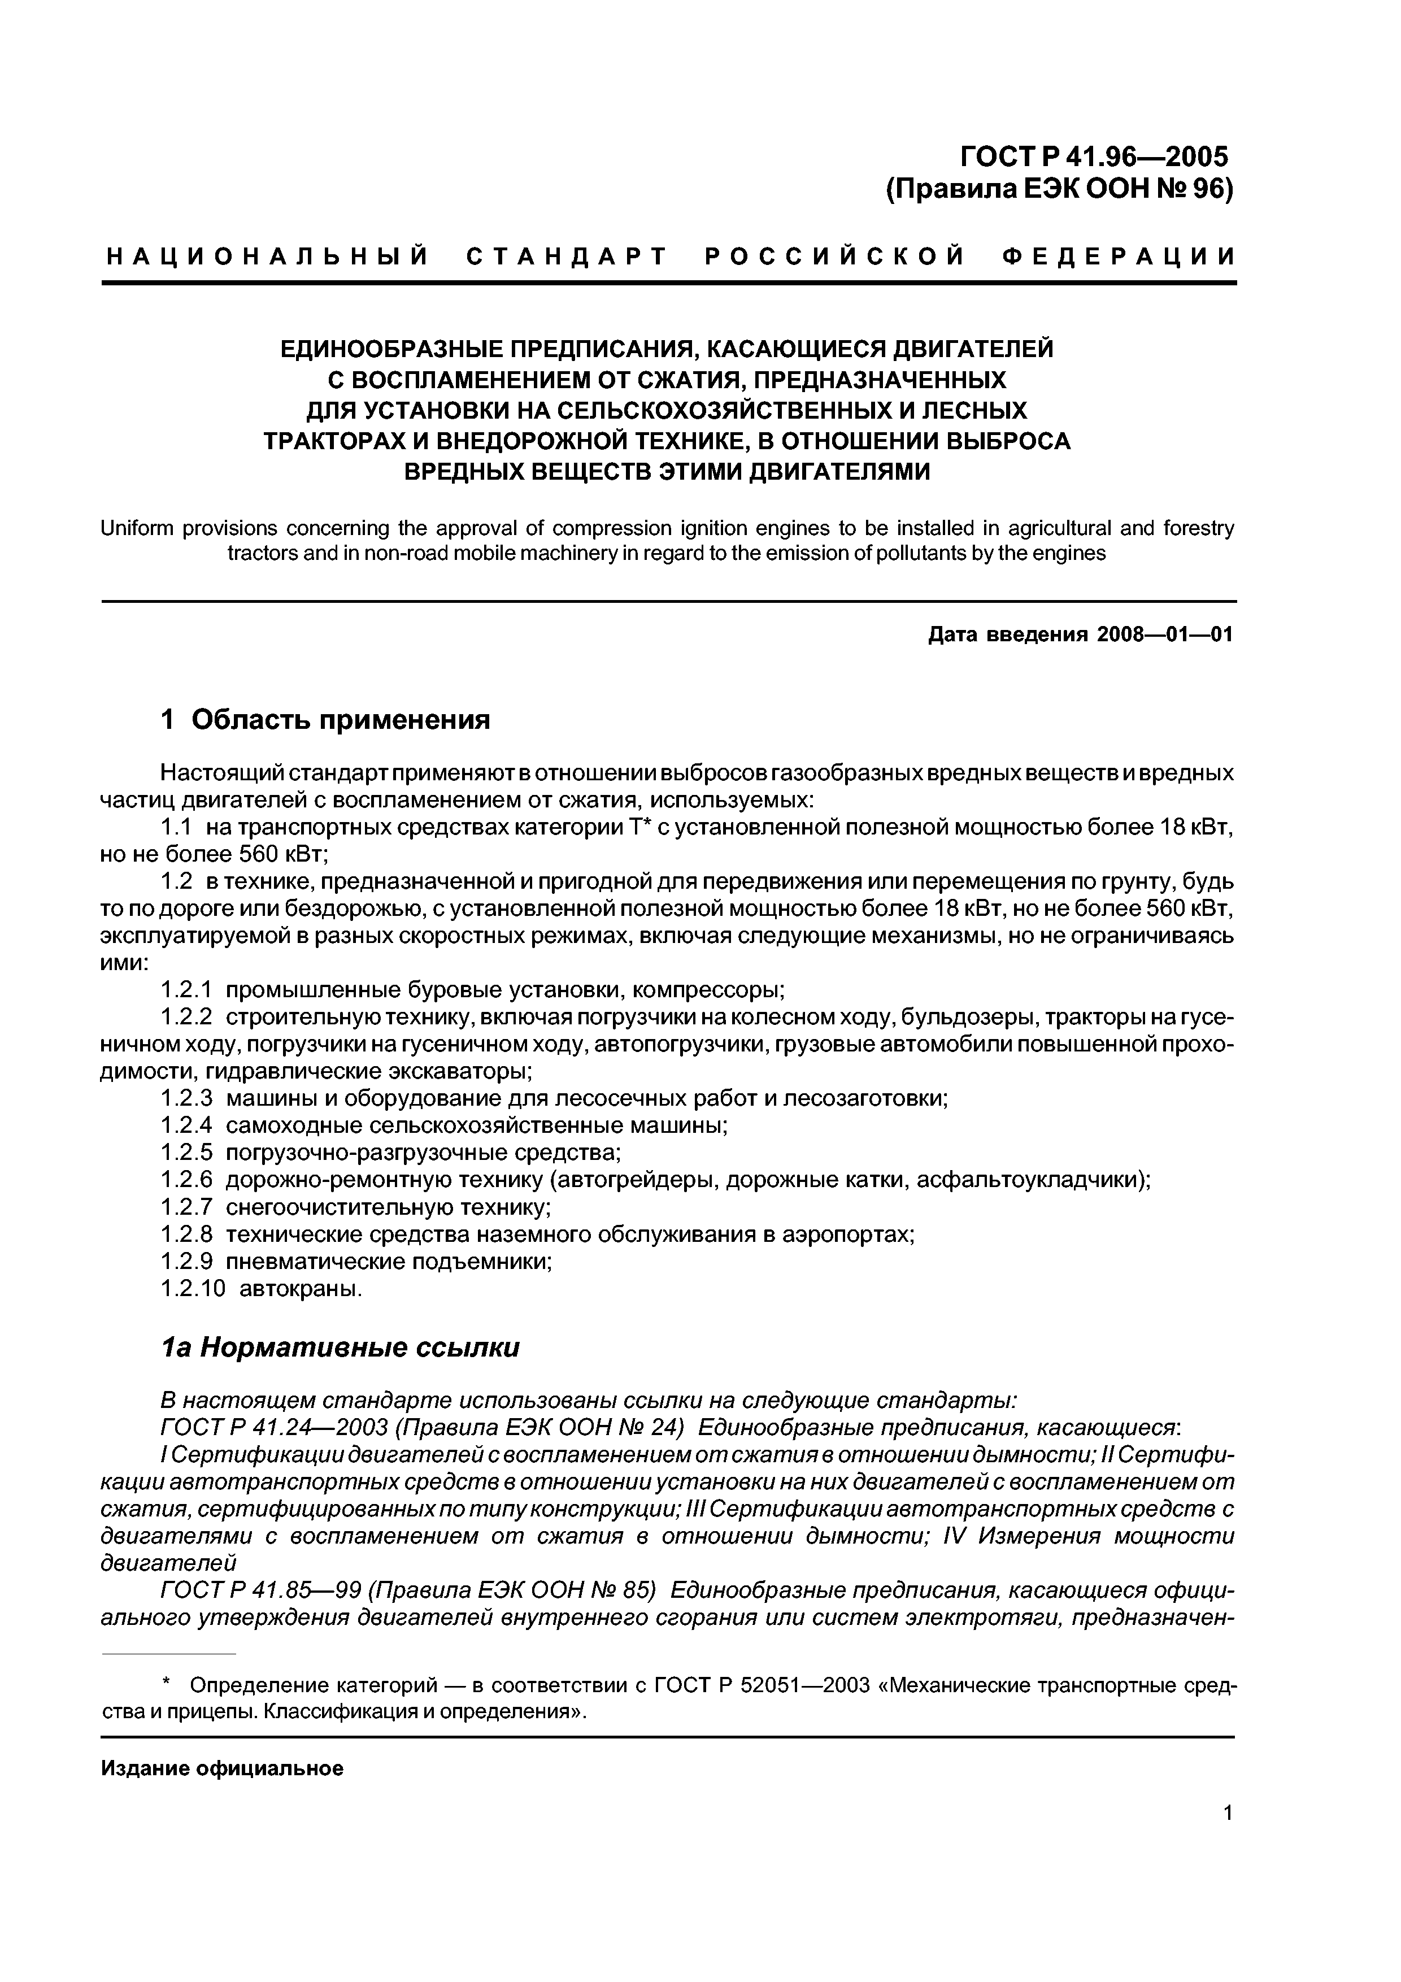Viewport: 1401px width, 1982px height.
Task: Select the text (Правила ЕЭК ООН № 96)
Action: [1059, 188]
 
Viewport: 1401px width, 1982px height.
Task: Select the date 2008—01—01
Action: [1164, 636]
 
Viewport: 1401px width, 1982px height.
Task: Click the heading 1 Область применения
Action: [325, 719]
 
